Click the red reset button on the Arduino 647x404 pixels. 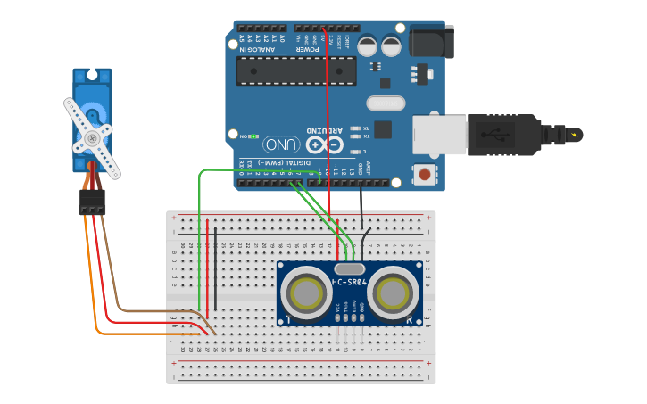pyautogui.click(x=426, y=174)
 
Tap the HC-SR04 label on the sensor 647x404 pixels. pyautogui.click(x=350, y=282)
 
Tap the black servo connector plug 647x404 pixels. pyautogui.click(x=92, y=202)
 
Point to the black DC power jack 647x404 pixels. pyautogui.click(x=431, y=42)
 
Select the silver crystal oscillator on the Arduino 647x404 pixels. pyautogui.click(x=386, y=103)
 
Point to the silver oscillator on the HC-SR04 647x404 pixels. pyautogui.click(x=349, y=268)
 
